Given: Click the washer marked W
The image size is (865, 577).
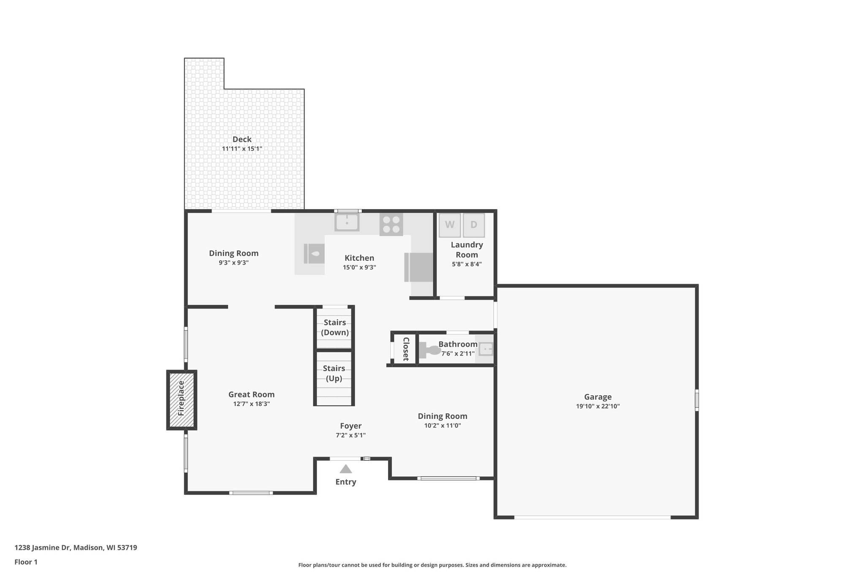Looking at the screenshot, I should (x=449, y=225).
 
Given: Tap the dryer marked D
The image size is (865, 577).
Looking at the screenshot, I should (x=473, y=225).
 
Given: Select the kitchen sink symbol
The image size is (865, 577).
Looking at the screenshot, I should (x=347, y=222).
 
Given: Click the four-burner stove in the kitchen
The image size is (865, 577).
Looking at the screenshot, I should (x=391, y=224).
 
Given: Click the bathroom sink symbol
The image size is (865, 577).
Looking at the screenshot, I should (x=485, y=349).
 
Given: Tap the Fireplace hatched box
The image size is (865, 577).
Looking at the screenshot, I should (x=182, y=400).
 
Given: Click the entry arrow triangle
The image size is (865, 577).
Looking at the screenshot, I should (x=345, y=469).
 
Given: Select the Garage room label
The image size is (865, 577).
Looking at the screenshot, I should (x=598, y=397).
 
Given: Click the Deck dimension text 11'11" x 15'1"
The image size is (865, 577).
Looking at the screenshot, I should (x=242, y=149).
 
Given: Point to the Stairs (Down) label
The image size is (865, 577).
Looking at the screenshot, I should (x=335, y=328).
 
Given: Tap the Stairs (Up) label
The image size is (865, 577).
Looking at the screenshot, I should (x=334, y=373).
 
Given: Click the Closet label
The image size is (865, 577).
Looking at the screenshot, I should (x=405, y=349).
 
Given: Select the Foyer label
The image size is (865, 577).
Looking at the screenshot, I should (x=351, y=426).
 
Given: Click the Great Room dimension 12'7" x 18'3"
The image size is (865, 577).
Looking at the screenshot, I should (x=251, y=404).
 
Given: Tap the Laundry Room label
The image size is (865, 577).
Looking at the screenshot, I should (x=467, y=249).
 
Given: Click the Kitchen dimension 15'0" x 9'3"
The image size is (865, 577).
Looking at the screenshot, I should (x=359, y=267).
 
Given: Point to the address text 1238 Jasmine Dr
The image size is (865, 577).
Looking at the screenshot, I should (x=42, y=547).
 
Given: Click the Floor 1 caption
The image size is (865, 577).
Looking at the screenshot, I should (x=26, y=562).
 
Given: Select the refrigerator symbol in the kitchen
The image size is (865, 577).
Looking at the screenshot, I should (x=419, y=267).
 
